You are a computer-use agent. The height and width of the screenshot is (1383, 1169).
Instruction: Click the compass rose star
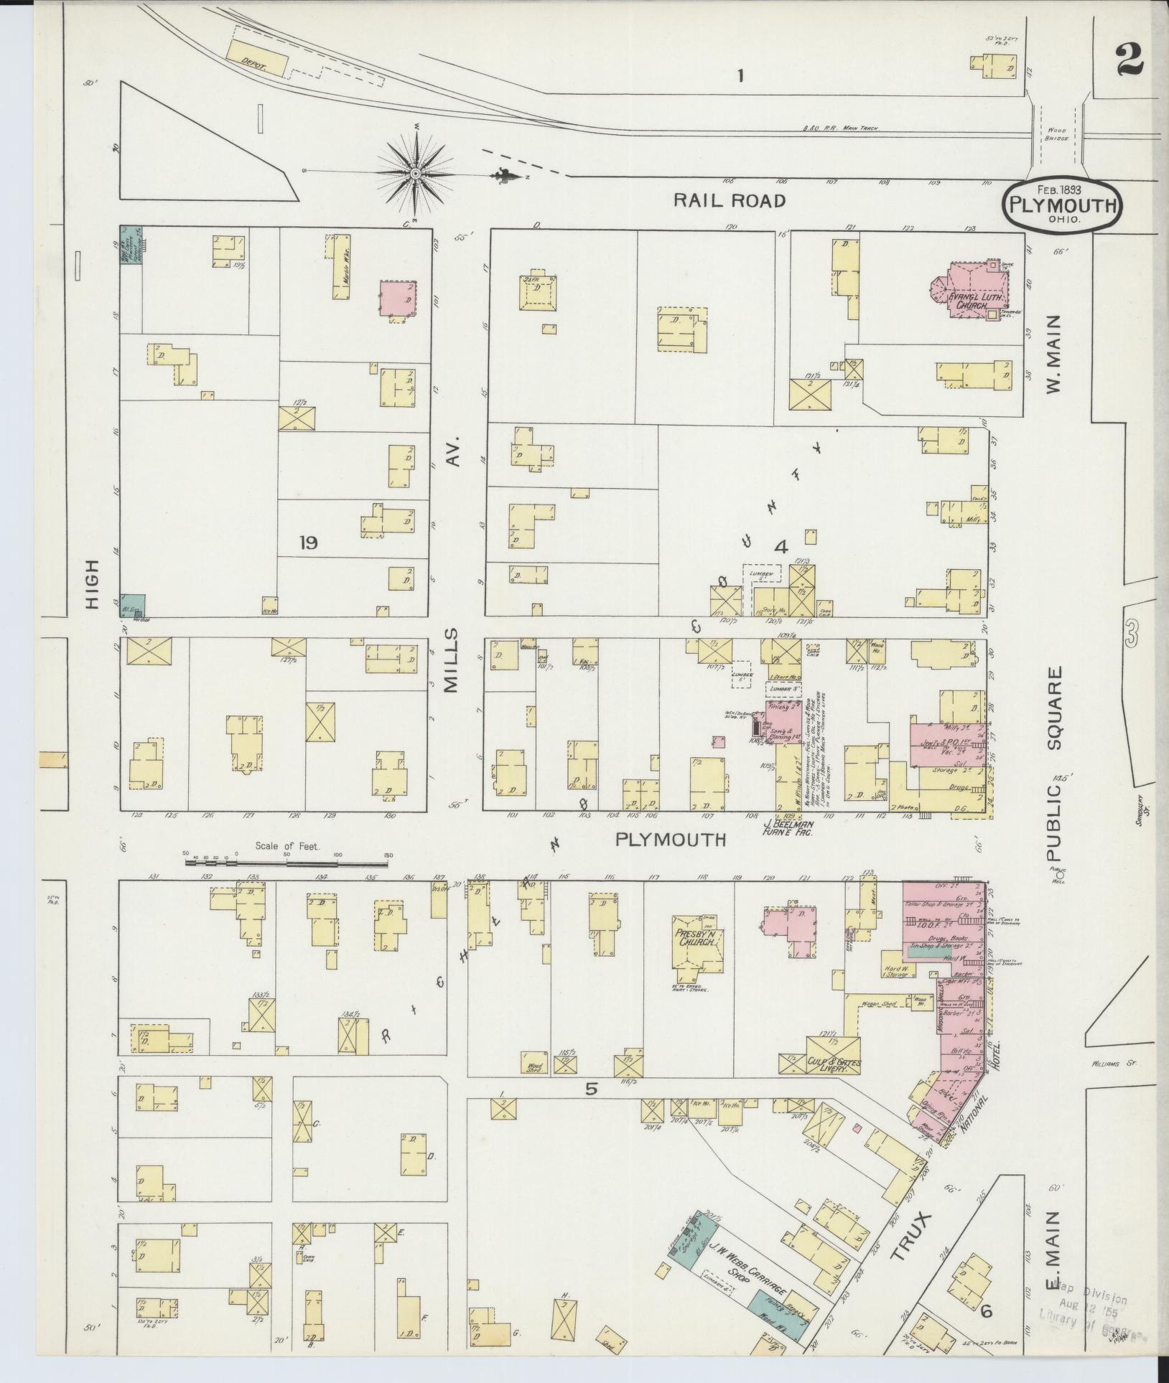(x=416, y=172)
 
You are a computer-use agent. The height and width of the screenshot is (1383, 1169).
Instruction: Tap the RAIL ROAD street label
(x=730, y=201)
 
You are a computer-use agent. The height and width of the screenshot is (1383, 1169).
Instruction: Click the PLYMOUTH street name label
(x=671, y=840)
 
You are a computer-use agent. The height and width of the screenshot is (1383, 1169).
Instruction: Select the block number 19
(x=309, y=543)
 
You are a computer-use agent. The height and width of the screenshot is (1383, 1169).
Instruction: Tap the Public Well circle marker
(x=1060, y=875)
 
